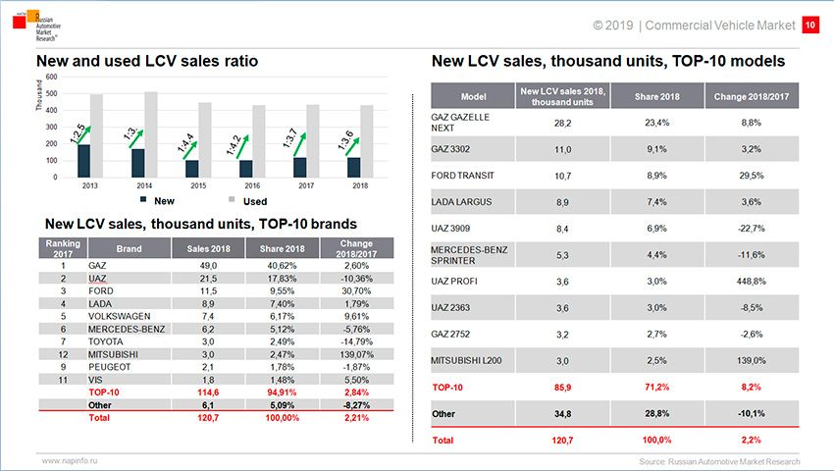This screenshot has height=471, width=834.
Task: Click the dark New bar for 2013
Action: pos(83,161)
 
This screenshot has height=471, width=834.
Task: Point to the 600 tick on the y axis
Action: pos(51,77)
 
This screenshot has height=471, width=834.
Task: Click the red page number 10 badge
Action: pos(810,24)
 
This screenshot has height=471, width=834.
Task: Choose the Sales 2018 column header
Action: pos(201,249)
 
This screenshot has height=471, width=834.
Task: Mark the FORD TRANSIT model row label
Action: pos(462,176)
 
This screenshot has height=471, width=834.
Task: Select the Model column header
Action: pos(473,96)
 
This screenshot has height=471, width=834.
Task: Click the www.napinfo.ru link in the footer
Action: pos(72,459)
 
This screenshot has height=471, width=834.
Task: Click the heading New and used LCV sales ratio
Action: pos(146,61)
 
